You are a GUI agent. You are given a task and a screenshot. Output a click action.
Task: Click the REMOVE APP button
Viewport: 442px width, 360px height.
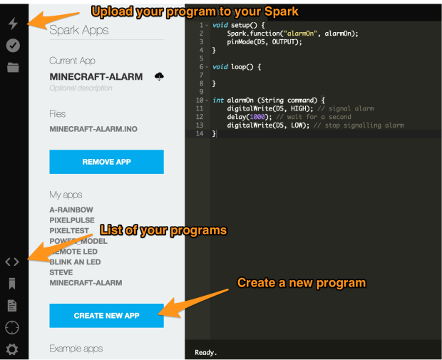(x=106, y=162)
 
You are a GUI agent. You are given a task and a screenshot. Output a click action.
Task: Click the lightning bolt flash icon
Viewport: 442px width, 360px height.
(x=13, y=24)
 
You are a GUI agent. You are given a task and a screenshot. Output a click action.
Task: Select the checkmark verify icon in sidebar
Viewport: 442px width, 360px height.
(x=13, y=45)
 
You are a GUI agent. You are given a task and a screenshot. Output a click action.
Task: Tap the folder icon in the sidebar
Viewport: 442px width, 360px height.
(x=13, y=68)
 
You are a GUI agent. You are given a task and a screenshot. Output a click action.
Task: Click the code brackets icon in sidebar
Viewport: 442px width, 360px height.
(x=12, y=262)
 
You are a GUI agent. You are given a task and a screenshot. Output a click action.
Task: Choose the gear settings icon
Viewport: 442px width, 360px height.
(x=12, y=349)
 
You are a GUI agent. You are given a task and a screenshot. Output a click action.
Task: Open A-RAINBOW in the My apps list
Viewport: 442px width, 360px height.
(x=71, y=210)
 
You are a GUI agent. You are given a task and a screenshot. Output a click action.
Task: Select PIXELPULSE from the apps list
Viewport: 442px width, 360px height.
(x=72, y=221)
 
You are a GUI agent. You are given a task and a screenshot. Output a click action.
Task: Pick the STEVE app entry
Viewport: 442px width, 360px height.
(x=61, y=272)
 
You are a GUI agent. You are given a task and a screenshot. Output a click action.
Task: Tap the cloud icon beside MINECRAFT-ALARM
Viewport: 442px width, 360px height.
(x=159, y=76)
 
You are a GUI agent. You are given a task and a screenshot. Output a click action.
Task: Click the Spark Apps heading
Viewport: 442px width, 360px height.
(x=79, y=31)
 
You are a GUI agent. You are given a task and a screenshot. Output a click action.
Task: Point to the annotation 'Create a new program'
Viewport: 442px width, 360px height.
(x=301, y=283)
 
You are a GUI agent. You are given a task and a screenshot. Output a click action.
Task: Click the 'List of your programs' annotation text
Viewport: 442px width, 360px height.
(x=163, y=230)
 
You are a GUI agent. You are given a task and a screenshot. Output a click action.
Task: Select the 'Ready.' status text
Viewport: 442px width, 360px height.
(x=206, y=352)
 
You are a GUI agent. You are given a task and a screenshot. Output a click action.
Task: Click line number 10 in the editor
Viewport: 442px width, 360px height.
(x=199, y=101)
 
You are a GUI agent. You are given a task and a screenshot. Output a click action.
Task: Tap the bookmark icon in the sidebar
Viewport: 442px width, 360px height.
(x=12, y=284)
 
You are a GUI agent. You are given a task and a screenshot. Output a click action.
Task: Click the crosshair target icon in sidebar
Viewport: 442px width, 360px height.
(x=12, y=327)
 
